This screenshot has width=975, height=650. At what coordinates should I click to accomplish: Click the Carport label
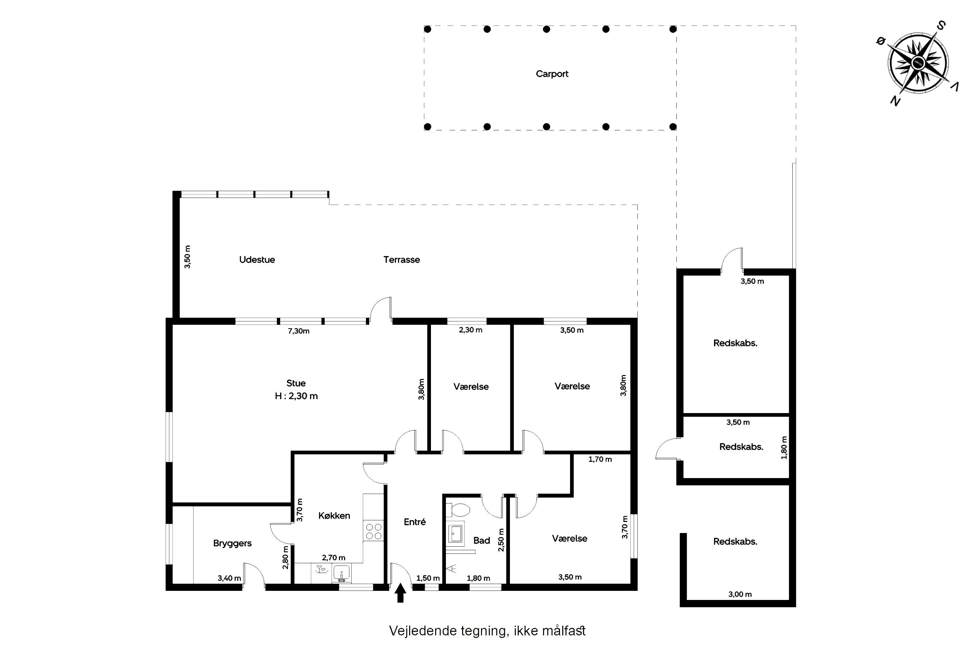tap(552, 74)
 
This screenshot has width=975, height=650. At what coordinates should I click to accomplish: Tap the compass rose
tap(918, 63)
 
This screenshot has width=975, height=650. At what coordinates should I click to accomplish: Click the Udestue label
tap(257, 259)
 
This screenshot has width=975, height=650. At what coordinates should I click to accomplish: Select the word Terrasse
tap(401, 259)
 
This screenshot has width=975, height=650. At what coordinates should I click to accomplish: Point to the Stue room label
tap(296, 383)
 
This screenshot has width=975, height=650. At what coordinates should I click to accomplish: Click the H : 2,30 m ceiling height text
tap(296, 396)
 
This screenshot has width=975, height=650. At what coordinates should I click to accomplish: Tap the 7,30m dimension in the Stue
tap(298, 331)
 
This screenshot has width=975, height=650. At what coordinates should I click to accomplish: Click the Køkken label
tap(334, 515)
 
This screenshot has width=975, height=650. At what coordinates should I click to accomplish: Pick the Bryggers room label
tap(232, 543)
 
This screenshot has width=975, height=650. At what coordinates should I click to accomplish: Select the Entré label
tap(415, 522)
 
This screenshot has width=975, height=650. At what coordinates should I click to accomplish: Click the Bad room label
tap(482, 540)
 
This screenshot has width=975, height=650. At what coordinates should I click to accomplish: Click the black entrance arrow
tap(400, 593)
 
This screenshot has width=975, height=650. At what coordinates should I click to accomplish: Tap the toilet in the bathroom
tap(458, 510)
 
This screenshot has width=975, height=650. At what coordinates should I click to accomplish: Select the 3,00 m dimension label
tap(740, 594)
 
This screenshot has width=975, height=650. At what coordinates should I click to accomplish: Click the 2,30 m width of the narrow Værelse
tap(471, 330)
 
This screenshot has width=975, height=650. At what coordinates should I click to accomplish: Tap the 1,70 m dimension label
tap(600, 459)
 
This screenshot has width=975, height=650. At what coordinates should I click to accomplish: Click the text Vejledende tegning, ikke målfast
tap(487, 630)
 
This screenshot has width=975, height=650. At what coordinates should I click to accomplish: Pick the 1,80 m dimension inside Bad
tap(478, 578)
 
